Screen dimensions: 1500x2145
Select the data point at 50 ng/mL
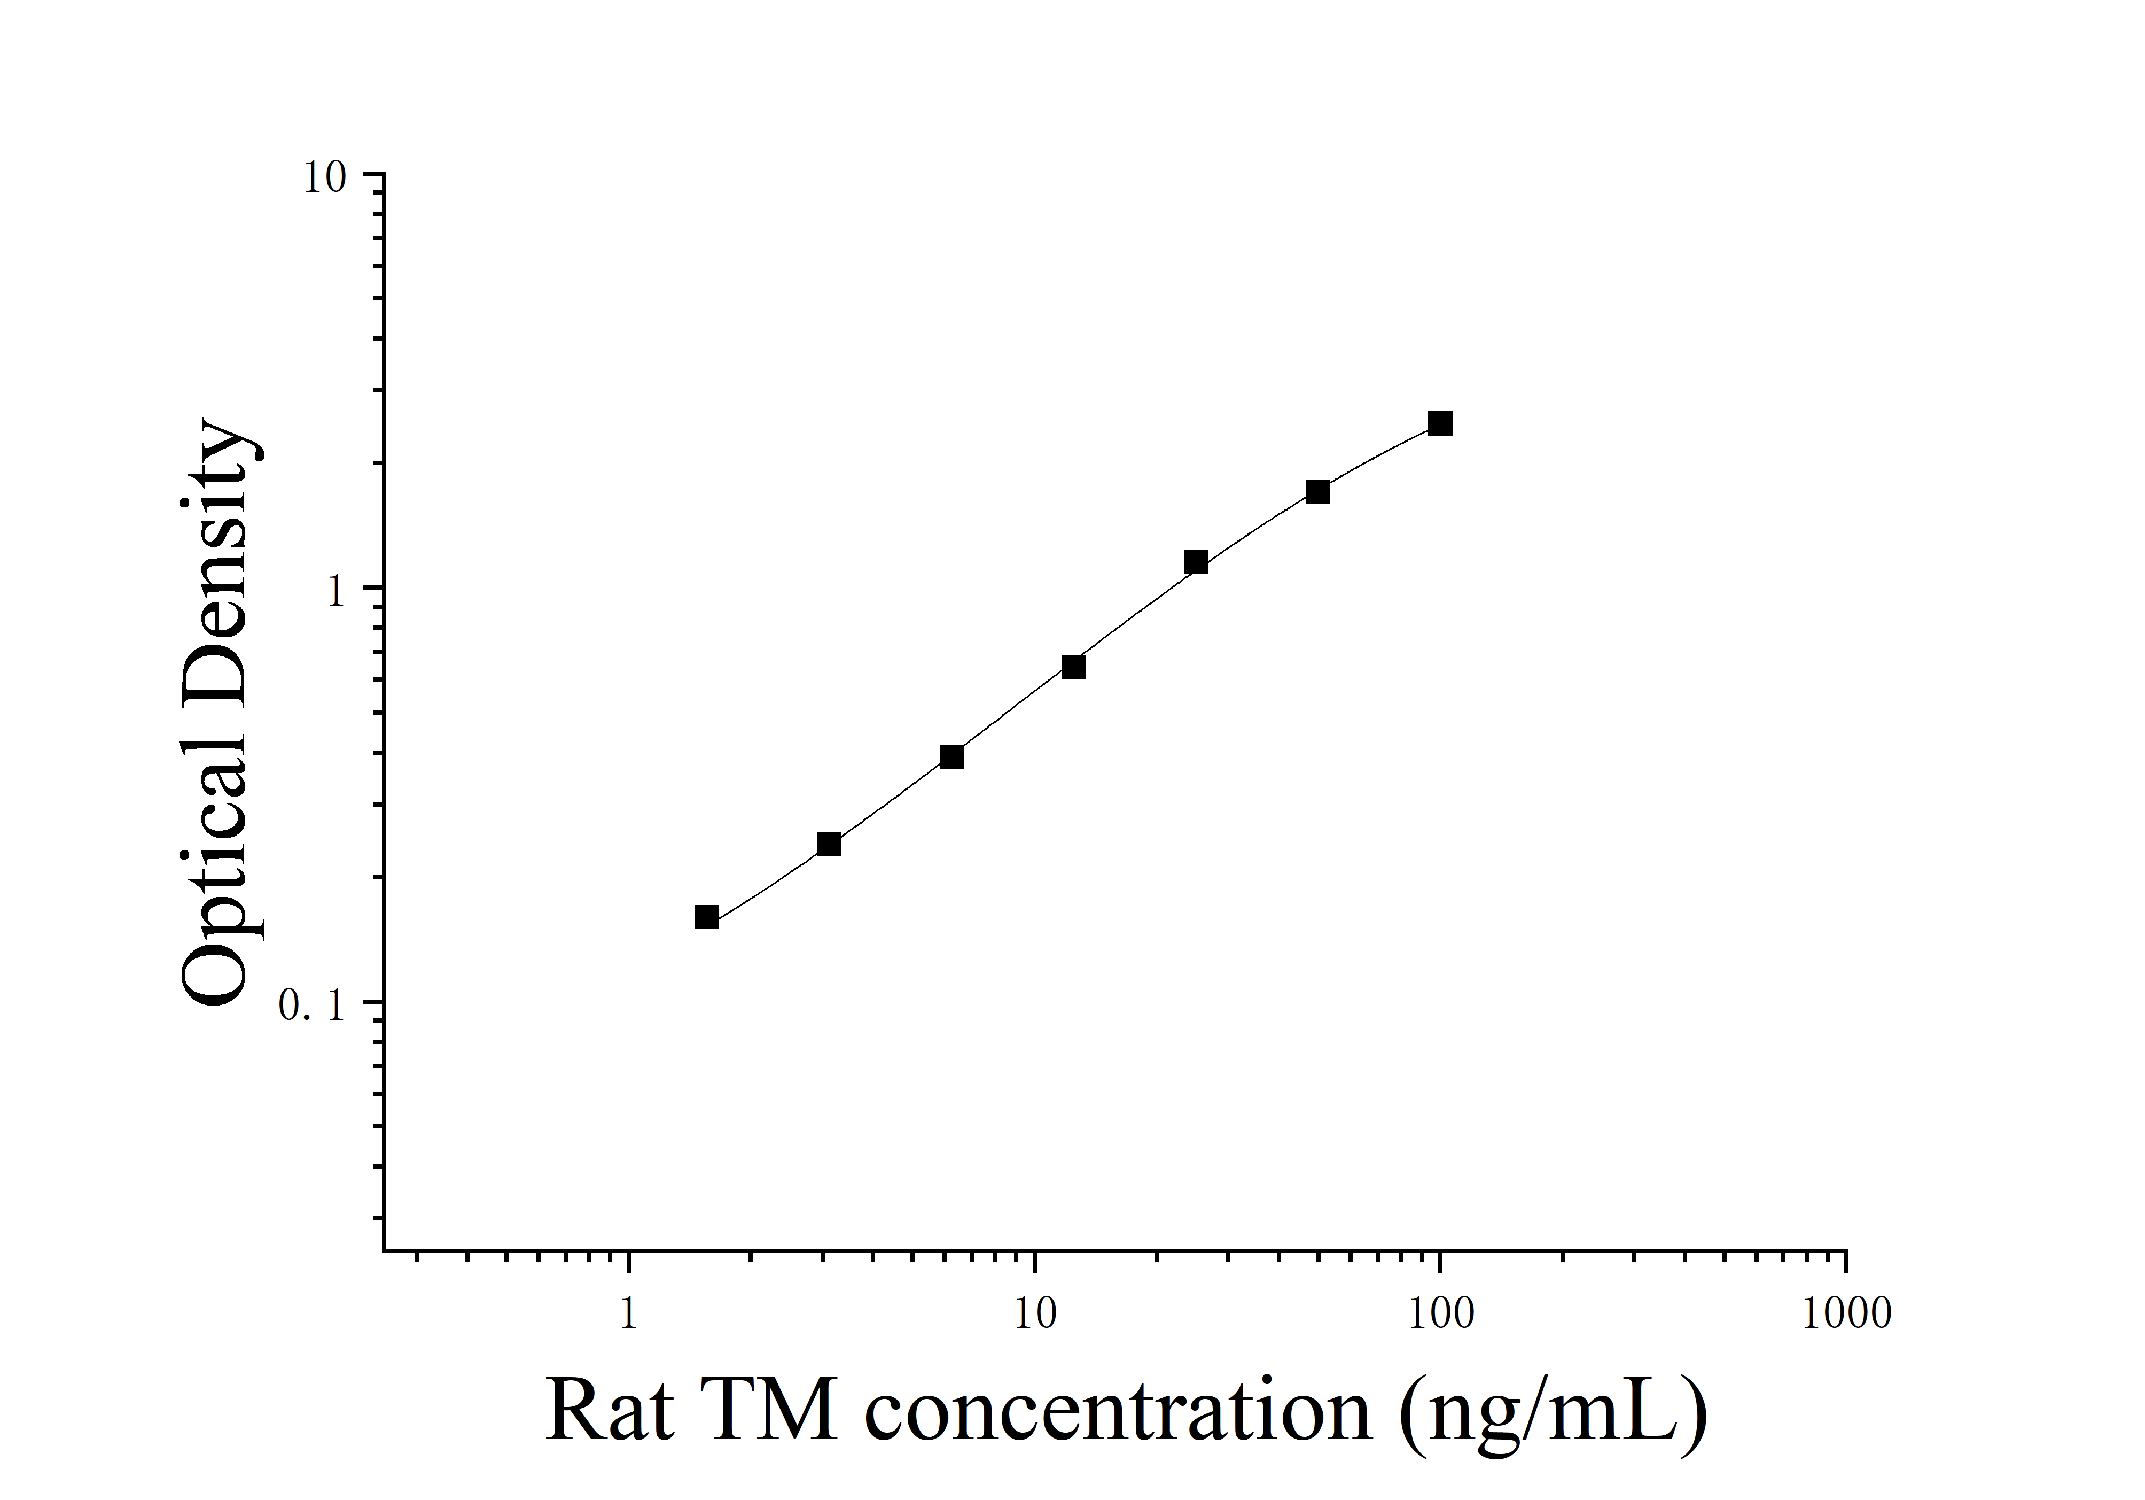click(x=1317, y=492)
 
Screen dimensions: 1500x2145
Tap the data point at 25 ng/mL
click(x=1195, y=562)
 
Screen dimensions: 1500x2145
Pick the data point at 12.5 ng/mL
click(x=1073, y=667)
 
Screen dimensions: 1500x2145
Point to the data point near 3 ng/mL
click(x=829, y=845)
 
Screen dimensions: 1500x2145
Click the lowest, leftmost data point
click(x=706, y=918)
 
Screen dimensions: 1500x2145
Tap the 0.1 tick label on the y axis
click(x=312, y=1006)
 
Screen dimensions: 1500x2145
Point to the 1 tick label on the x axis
click(x=629, y=1314)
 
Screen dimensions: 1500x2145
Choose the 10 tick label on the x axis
click(x=1034, y=1314)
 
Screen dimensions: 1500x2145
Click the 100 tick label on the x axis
click(x=1440, y=1314)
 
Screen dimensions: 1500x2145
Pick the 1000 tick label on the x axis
click(x=1846, y=1314)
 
